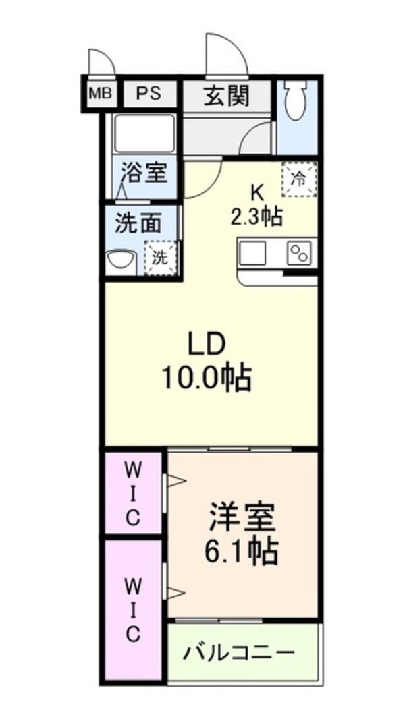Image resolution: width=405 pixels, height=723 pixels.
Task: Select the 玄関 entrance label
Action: (x=226, y=96)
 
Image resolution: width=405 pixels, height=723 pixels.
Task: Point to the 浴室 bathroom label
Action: (x=143, y=173)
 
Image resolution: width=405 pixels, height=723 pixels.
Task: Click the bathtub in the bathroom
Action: (x=144, y=134)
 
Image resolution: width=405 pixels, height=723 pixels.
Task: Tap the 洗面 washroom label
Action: (x=138, y=224)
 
